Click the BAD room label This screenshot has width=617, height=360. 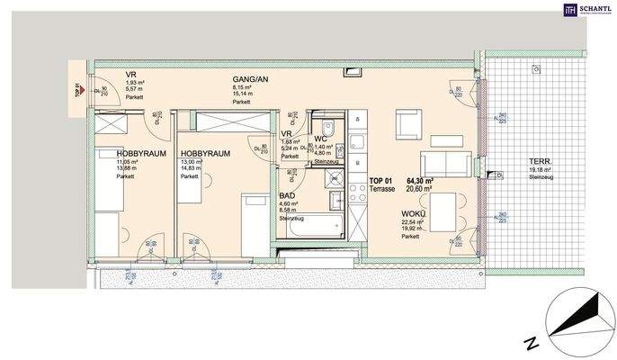pos(289,193)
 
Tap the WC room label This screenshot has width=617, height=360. pos(319,139)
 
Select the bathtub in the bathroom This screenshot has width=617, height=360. pos(310,226)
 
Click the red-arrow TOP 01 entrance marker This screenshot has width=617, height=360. pos(77,90)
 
